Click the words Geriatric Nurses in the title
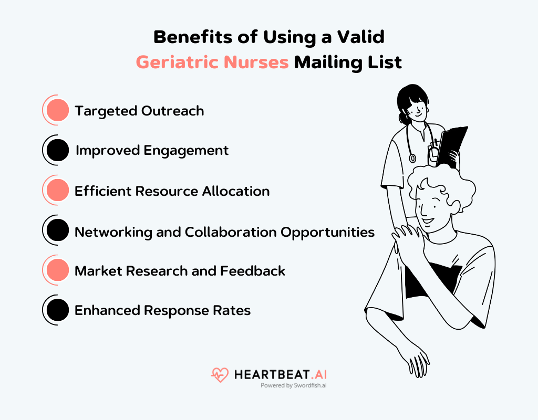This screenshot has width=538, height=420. (x=212, y=62)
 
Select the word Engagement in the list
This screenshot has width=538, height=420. (x=187, y=151)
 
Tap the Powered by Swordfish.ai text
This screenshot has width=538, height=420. (x=294, y=385)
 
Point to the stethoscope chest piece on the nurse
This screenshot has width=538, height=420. (x=412, y=157)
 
